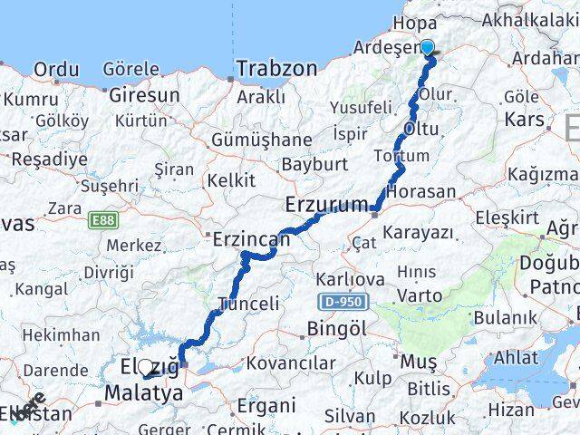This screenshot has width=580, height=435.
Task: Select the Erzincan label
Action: (251, 239)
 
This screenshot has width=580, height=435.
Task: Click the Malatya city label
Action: (143, 393)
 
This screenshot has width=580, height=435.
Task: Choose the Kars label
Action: (524, 119)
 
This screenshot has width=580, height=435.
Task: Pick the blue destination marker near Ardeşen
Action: (428, 50)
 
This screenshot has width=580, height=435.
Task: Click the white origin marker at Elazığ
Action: (145, 368)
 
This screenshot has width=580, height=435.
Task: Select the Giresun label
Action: (144, 93)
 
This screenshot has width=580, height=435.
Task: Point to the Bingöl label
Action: (337, 328)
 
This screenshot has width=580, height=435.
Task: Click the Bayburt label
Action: (314, 165)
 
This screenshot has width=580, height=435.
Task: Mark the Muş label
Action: (419, 362)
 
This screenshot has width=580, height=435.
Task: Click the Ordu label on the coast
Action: (56, 69)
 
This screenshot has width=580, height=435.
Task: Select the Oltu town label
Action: (420, 129)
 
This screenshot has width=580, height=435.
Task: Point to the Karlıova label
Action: (350, 279)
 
